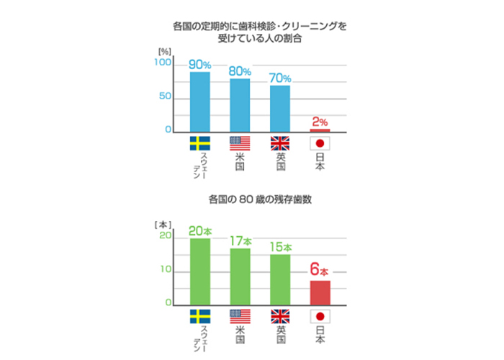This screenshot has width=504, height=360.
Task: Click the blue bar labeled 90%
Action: point(199,102)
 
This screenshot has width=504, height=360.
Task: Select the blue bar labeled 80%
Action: point(240,105)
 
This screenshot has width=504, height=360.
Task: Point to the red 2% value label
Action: point(320,122)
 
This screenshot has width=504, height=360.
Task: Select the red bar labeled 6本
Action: point(320,293)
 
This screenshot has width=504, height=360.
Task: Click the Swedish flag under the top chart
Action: point(199,143)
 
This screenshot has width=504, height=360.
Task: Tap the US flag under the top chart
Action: point(240,143)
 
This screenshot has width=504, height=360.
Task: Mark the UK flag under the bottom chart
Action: point(279,315)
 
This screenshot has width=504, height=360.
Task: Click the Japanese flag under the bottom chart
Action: point(320,315)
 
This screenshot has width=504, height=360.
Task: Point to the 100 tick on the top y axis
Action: point(163,63)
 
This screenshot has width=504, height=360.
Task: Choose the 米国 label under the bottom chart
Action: point(240,333)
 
